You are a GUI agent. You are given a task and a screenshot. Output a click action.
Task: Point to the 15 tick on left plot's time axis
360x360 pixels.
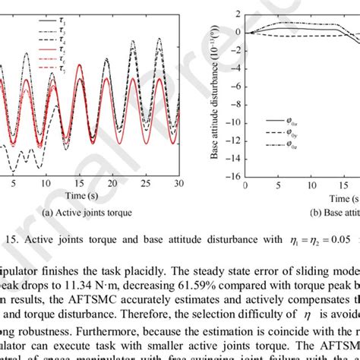pyautogui.click(x=68, y=183)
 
